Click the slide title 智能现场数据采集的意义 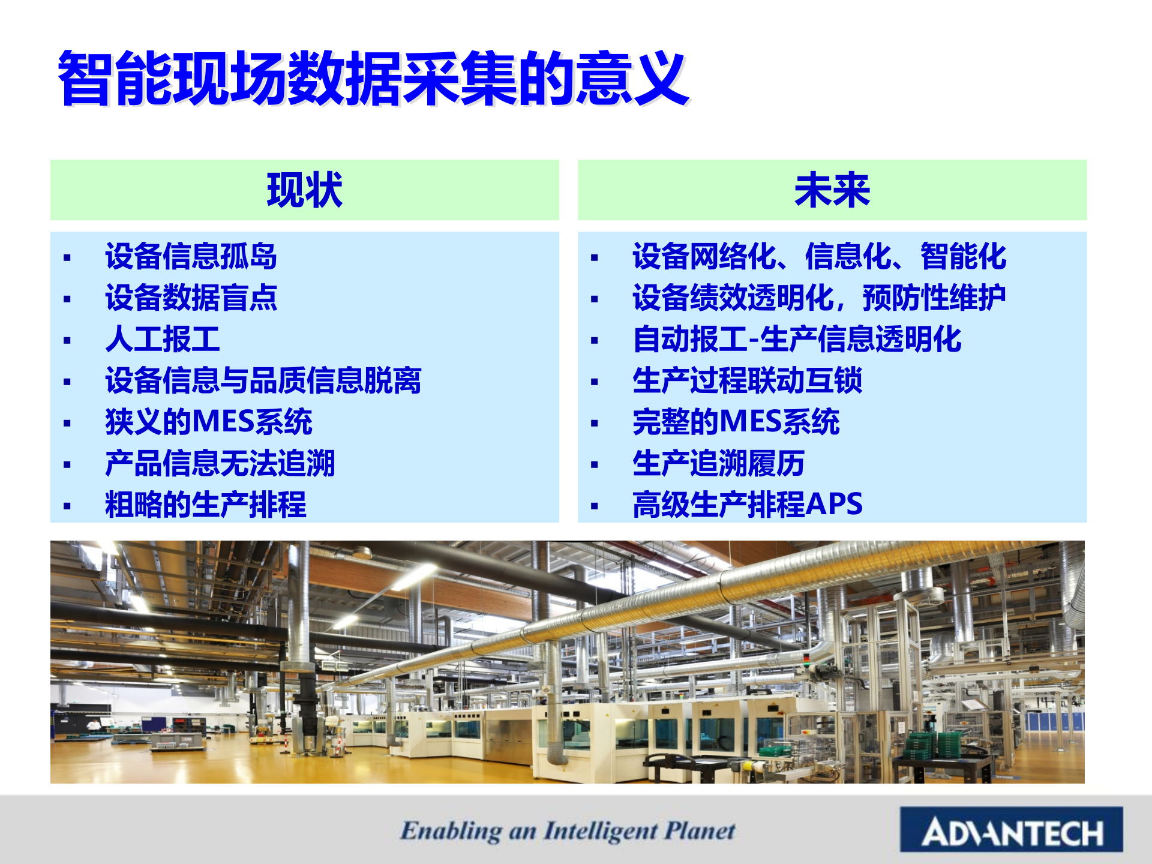tap(373, 78)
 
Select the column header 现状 tap(305, 190)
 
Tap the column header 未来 tap(832, 190)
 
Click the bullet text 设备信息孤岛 tap(191, 256)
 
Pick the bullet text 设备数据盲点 tap(191, 298)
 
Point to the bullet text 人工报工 tap(162, 339)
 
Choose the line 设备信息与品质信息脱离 tap(263, 380)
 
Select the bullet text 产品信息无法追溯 tap(220, 463)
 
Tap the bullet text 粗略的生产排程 tap(205, 505)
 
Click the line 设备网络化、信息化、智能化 tap(819, 256)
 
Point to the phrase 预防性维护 tap(934, 298)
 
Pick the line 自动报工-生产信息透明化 tap(797, 339)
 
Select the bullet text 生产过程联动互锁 tap(747, 380)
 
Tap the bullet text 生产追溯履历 tap(718, 463)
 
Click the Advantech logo tap(1012, 830)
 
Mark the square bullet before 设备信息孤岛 tap(67, 258)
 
